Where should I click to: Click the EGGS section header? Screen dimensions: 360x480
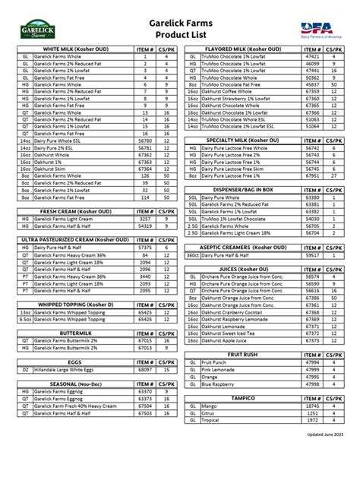click(74, 362)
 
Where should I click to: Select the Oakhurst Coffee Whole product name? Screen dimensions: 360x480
click(231, 91)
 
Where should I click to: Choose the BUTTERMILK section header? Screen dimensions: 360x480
click(74, 333)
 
